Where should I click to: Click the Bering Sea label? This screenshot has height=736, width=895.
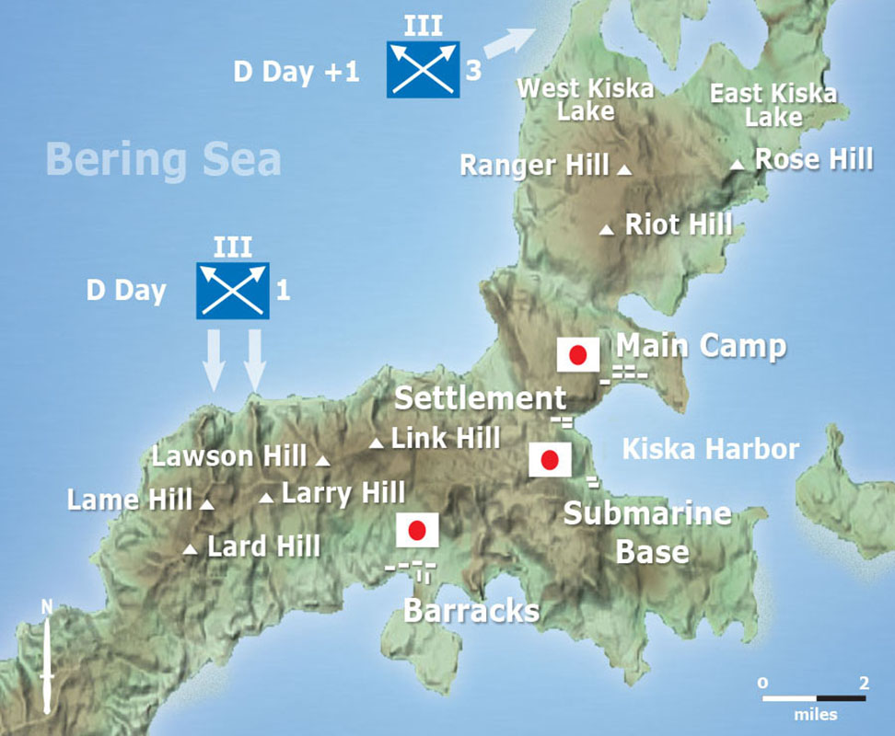pos(164,158)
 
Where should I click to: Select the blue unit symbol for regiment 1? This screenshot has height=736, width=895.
pos(232,290)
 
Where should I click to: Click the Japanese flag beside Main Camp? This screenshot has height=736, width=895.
pos(578,355)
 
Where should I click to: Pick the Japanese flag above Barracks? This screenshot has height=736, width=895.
pos(416,530)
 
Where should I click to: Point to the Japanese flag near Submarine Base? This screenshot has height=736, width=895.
pos(550,460)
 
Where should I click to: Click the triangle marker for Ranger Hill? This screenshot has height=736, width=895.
pos(624,170)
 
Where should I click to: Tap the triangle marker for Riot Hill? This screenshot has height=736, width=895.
pos(606,229)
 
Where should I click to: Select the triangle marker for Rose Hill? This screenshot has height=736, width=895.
pos(737,165)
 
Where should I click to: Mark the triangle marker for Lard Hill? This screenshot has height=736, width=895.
pos(190,550)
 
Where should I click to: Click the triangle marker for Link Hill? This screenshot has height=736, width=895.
pos(376,443)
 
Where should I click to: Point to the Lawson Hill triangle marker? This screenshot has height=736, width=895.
pos(322,460)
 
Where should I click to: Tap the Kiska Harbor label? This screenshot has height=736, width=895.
pos(710,449)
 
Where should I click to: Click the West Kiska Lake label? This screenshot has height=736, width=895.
pos(586,100)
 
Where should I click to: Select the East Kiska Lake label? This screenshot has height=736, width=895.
pos(773,105)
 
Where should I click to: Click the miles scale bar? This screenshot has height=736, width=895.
pos(814,698)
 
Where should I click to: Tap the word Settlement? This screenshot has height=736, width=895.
pos(479,398)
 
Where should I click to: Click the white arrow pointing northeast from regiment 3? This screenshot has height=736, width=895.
pos(509,41)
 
